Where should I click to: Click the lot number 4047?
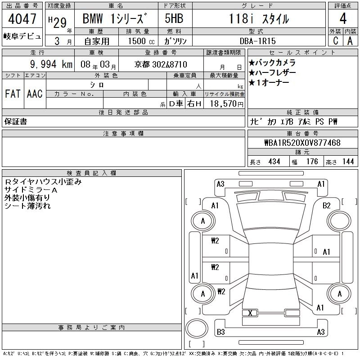click(22, 18)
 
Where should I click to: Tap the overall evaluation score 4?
click(343, 18)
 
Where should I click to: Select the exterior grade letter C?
click(336, 40)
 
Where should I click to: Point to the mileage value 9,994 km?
click(51, 64)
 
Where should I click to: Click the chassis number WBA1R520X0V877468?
click(302, 143)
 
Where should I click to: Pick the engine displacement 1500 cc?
click(141, 41)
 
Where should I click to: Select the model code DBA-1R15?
click(257, 41)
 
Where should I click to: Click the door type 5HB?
click(174, 18)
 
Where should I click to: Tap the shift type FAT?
click(13, 94)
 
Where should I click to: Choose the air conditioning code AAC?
click(35, 94)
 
